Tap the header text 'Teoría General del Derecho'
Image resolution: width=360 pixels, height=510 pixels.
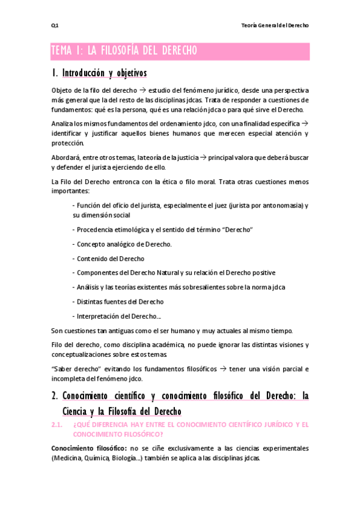(274, 26)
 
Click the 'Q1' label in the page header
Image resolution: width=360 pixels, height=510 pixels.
(54, 26)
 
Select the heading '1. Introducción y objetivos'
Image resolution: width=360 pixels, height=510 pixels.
(99, 73)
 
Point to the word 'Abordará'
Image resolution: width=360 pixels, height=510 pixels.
(66, 158)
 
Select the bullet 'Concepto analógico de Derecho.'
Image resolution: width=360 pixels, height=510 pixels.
(124, 244)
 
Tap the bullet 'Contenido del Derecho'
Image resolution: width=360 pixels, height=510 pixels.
(110, 259)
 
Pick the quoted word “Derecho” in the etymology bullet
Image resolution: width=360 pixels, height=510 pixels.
(239, 230)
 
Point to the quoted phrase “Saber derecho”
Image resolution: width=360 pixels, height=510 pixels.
(75, 369)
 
